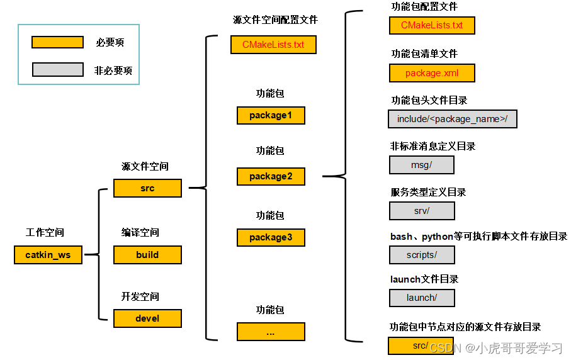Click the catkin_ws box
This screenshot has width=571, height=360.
[x=48, y=255]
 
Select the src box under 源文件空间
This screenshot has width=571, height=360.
[x=147, y=188]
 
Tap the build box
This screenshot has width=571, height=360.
[x=147, y=255]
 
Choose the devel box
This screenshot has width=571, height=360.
[x=147, y=318]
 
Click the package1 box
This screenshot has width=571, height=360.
[x=271, y=115]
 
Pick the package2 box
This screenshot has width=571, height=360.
[x=271, y=176]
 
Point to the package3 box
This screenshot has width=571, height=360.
[x=271, y=237]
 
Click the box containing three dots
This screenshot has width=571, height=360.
[x=271, y=332]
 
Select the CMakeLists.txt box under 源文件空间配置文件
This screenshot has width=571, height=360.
[x=273, y=45]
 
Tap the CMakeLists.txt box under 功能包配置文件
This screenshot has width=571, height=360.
[x=432, y=26]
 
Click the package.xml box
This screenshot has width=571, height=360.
[x=432, y=73]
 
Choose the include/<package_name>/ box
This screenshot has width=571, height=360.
[x=453, y=119]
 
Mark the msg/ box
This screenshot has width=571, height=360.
[x=422, y=165]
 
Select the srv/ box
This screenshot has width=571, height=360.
[x=422, y=211]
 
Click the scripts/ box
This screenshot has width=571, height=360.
[x=422, y=255]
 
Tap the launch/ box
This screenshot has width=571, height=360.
[x=422, y=298]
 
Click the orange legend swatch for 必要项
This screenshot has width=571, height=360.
[x=57, y=42]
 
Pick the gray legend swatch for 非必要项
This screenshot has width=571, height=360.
[x=57, y=70]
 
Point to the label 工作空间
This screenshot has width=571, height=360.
[x=45, y=233]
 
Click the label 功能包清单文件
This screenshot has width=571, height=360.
[x=424, y=54]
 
